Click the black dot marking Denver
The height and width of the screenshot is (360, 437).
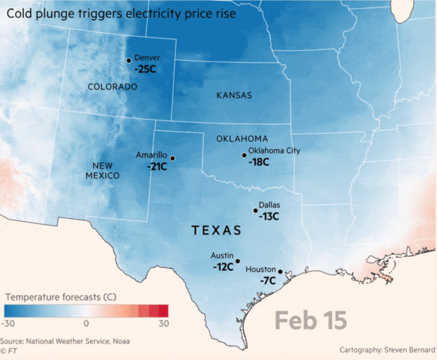pyautogui.click(x=129, y=61)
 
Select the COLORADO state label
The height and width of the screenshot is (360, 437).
pyautogui.click(x=113, y=87)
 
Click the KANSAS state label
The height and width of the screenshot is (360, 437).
pyautogui.click(x=234, y=96)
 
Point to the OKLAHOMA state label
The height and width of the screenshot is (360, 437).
pyautogui.click(x=242, y=139)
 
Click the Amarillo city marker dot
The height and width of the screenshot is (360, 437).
pyautogui.click(x=172, y=158)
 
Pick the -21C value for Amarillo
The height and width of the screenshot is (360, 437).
pyautogui.click(x=157, y=166)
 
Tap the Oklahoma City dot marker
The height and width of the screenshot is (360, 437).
pyautogui.click(x=244, y=155)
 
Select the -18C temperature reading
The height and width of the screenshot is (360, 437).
pyautogui.click(x=259, y=162)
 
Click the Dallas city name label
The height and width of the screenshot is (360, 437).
pyautogui.click(x=269, y=205)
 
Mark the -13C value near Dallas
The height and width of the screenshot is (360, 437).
pyautogui.click(x=268, y=216)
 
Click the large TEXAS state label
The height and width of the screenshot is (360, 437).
pyautogui.click(x=216, y=231)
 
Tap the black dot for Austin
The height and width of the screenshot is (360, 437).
pyautogui.click(x=238, y=261)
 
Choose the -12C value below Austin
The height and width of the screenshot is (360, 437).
pyautogui.click(x=223, y=267)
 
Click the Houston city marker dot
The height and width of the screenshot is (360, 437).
pyautogui.click(x=280, y=272)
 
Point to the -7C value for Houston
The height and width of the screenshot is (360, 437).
pyautogui.click(x=268, y=281)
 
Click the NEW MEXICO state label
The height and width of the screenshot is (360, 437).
pyautogui.click(x=102, y=171)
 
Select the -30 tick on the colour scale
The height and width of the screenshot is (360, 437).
pyautogui.click(x=8, y=324)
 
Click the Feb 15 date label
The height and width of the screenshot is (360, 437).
pyautogui.click(x=311, y=320)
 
